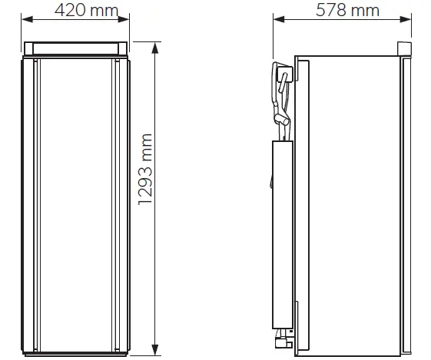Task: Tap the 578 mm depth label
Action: (x=347, y=11)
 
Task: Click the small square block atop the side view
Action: (x=403, y=49)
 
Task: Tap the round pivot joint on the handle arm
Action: (x=285, y=121)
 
